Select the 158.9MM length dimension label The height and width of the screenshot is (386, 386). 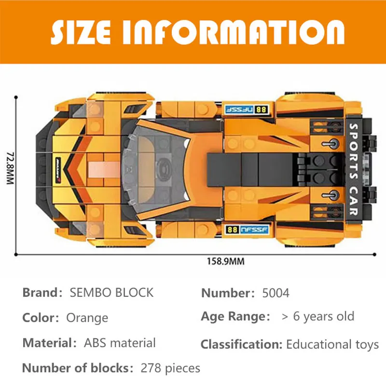tap(226, 262)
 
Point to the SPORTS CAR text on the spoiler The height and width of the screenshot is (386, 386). tap(352, 169)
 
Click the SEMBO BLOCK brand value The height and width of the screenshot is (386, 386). tap(111, 292)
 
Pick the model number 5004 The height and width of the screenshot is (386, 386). tap(276, 292)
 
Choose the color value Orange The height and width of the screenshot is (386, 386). tap(87, 318)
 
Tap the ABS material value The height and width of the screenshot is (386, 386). tap(120, 343)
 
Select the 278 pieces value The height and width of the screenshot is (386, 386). tap(170, 369)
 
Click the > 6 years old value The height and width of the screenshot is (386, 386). tap(318, 317)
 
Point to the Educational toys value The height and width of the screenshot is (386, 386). tap(332, 345)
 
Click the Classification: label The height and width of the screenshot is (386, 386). tap(241, 345)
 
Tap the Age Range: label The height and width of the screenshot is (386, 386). tap(235, 317)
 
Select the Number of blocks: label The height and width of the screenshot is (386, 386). tap(78, 369)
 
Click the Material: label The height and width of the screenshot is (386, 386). tap(50, 343)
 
